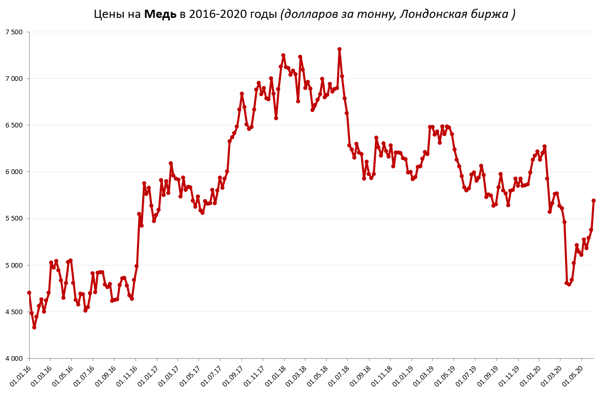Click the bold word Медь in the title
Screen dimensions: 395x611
coord(160,14)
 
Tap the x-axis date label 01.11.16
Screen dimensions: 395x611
coord(127,376)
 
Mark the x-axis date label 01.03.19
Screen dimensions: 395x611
coord(424,376)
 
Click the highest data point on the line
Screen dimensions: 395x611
coord(340,50)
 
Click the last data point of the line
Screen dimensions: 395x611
coord(594,201)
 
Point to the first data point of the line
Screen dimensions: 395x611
coord(29,293)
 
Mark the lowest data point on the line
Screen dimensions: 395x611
coord(34,327)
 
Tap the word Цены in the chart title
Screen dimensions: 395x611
coord(109,14)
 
